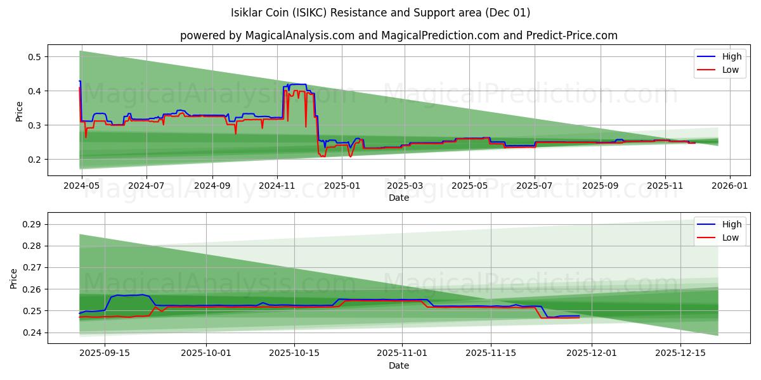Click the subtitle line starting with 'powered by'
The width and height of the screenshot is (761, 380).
tap(398, 35)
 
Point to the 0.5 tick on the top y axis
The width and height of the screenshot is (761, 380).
tap(34, 57)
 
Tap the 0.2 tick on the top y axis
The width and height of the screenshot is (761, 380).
tap(34, 160)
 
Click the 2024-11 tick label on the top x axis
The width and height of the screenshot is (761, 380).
tap(276, 186)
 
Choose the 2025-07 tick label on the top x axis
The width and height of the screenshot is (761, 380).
tap(535, 186)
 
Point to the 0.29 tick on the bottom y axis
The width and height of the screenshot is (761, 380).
tap(32, 224)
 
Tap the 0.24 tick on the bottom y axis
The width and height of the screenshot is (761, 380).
tap(32, 332)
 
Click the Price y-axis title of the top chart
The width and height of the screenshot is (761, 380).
tap(19, 111)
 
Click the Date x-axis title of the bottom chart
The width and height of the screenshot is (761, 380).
tap(398, 365)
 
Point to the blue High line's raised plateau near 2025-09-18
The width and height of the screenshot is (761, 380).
tap(127, 295)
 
